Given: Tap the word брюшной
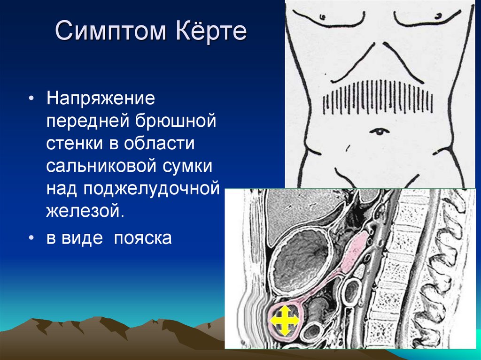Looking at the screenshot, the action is pos(176,122).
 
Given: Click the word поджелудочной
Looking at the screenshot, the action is pos(151,189).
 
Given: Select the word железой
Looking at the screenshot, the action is pos(85,211).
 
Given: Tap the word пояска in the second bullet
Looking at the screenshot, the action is pos(143,238).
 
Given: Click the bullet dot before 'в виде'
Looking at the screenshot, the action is pos(31,238).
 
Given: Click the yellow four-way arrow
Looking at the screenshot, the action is pos(284,321).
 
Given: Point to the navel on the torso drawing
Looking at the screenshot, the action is pos(379,131).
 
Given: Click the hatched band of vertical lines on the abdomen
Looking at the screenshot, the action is pos(378,97).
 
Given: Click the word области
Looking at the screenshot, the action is pos(159,143).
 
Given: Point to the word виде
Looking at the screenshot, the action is pos(82,237).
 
